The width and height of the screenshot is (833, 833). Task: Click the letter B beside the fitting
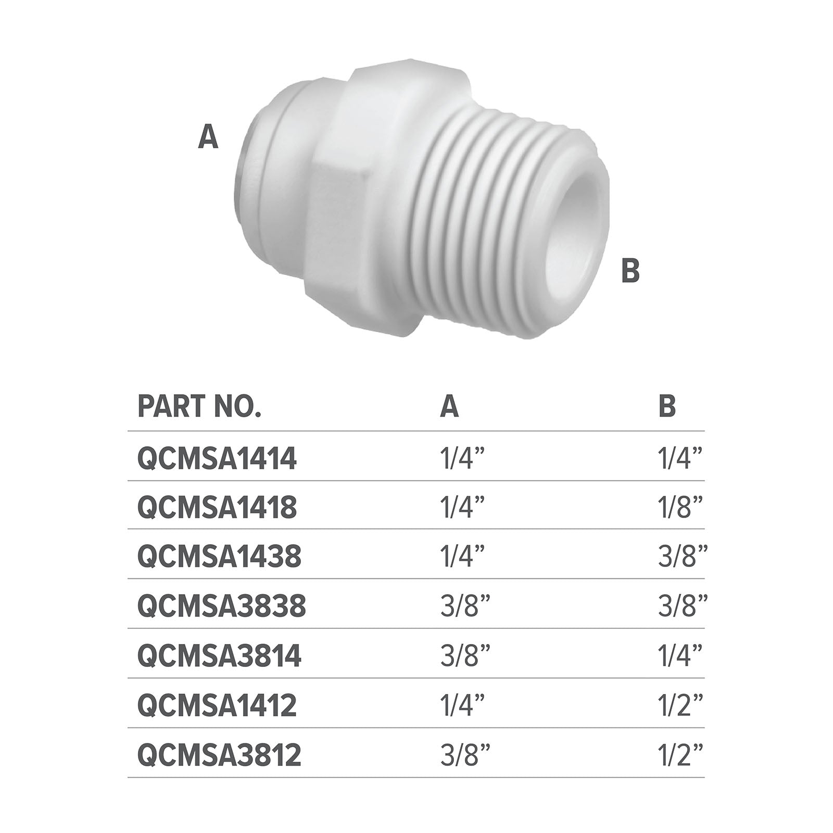click(x=630, y=271)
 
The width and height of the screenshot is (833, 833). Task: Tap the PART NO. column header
click(x=199, y=407)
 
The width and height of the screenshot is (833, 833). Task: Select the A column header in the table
click(x=449, y=407)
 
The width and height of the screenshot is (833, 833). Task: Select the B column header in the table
click(x=667, y=407)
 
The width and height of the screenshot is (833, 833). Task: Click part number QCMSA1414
click(x=217, y=459)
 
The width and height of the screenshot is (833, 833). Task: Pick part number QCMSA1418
click(x=217, y=508)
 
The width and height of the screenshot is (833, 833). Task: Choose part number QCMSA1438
click(x=219, y=557)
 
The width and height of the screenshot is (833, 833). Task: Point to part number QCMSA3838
click(x=222, y=607)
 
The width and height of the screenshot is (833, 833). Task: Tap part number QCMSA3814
click(x=219, y=656)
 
